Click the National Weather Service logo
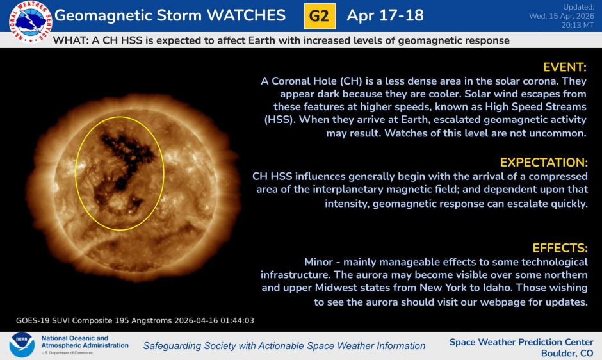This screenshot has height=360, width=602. [x=29, y=21]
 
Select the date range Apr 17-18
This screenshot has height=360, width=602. [x=385, y=16]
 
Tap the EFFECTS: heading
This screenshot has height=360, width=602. [x=560, y=248]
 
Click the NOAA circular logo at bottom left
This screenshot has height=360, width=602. [x=22, y=345]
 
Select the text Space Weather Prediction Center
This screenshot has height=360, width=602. [x=521, y=341]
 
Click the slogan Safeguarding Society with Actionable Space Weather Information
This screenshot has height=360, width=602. [x=284, y=346]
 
